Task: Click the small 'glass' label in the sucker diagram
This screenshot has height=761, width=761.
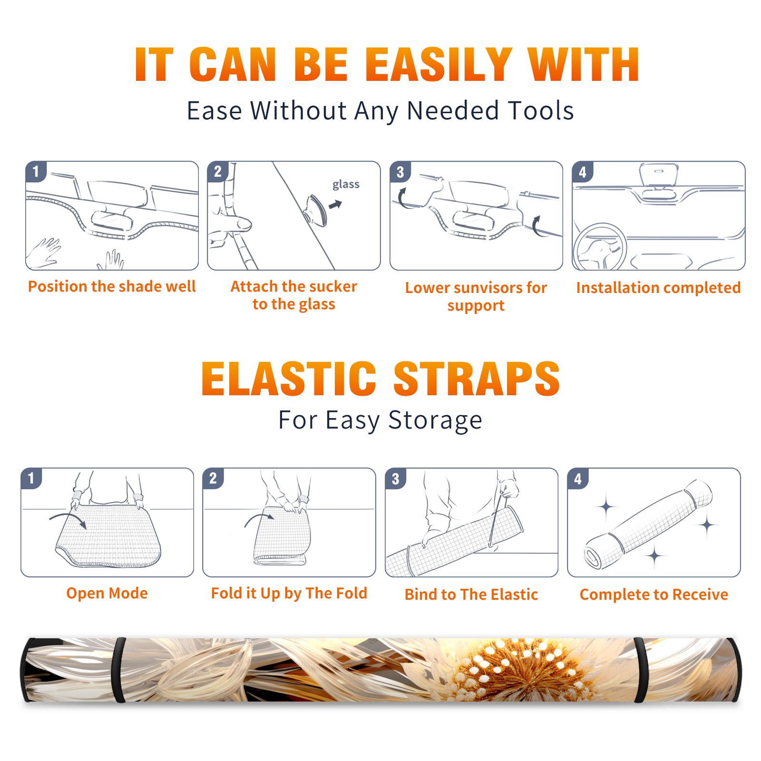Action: (x=346, y=185)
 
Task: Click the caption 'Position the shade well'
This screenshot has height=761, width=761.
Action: (x=112, y=286)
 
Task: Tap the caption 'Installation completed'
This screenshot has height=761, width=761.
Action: (x=658, y=288)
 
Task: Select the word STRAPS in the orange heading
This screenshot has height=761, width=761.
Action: (x=477, y=379)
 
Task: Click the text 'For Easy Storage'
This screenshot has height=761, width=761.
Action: (x=380, y=420)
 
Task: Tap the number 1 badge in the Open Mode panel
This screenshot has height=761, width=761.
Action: (x=31, y=478)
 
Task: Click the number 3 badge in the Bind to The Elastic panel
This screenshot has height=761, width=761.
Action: (x=396, y=478)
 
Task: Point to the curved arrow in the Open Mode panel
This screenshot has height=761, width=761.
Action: (x=68, y=519)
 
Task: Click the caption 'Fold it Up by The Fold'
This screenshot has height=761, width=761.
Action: (x=289, y=593)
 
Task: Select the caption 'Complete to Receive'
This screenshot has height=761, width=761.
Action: (x=654, y=595)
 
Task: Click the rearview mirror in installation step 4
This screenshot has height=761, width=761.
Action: (x=658, y=176)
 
